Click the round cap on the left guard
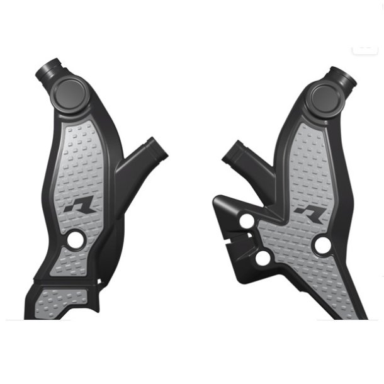pyautogui.click(x=72, y=95)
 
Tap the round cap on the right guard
pyautogui.click(x=326, y=97)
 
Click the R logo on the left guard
pyautogui.click(x=79, y=206)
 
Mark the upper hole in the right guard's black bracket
pyautogui.click(x=247, y=221)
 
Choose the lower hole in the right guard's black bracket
pyautogui.click(x=263, y=257)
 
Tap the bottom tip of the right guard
pyautogui.click(x=361, y=312)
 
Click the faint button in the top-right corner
pyautogui.click(x=365, y=48)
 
